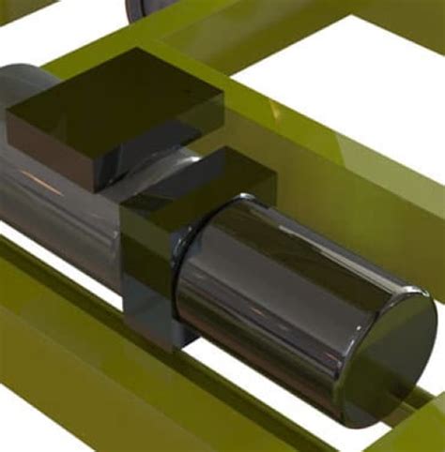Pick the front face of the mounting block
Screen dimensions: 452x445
[146, 272]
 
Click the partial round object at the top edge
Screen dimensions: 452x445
[150, 7]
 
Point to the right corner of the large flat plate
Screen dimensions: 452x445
[222, 95]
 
